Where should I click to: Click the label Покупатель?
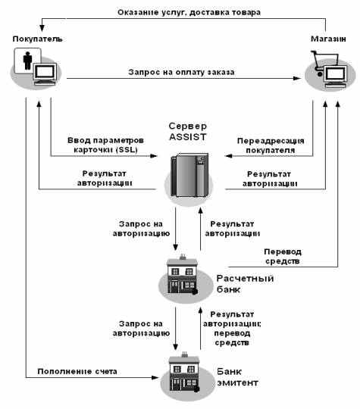38,39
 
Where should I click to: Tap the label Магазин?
328,39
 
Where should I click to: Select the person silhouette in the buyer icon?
27,61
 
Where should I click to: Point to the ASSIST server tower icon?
189,175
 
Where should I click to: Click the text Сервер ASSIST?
188,132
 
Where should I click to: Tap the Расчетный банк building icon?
183,275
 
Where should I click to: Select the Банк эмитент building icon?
184,372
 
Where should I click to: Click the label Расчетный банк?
245,284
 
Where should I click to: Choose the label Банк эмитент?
237,377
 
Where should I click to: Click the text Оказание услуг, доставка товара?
189,13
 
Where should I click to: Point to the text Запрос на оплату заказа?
181,72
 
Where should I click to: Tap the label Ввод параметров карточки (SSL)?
105,145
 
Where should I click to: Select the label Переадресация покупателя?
271,145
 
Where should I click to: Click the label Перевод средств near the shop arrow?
283,257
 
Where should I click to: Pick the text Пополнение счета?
77,371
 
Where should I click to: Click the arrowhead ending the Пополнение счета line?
155,377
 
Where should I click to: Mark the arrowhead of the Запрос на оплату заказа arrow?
297,78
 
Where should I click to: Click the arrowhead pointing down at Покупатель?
42,28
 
